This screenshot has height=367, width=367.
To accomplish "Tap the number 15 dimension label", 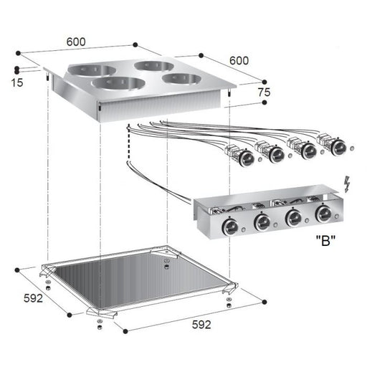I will [x=16, y=82].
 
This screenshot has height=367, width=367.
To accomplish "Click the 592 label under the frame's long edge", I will [x=202, y=325].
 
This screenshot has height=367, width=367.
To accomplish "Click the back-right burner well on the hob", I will [x=153, y=67].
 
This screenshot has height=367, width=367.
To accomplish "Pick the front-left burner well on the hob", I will [x=118, y=84].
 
